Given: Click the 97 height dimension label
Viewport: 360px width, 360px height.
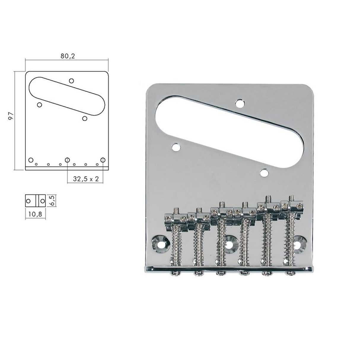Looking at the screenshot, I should [11, 116].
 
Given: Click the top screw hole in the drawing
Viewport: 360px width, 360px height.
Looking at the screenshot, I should [71, 81].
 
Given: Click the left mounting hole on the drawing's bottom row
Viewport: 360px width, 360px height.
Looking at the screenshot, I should [31, 160].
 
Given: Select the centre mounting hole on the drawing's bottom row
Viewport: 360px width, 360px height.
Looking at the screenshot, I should [67, 160].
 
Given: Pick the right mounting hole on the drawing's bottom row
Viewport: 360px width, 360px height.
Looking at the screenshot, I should [103, 160].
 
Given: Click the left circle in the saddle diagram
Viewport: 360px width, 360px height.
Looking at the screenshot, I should [28, 201].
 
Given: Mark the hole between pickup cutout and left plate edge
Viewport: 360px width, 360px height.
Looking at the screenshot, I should [176, 146].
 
